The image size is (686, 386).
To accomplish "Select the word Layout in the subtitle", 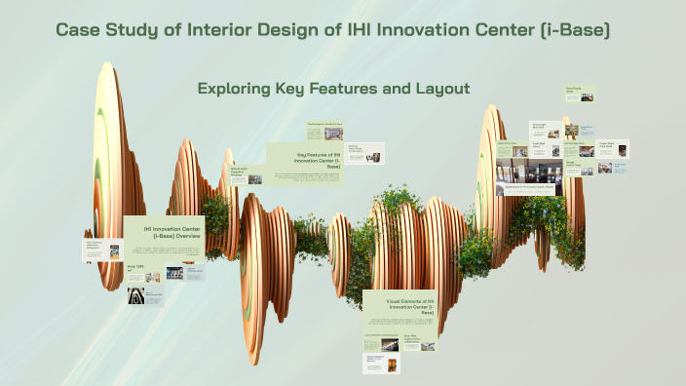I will pyautogui.click(x=440, y=89).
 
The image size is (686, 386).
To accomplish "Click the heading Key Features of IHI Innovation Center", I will pyautogui.click(x=318, y=160).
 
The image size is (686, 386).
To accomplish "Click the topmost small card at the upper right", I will pyautogui.click(x=580, y=94).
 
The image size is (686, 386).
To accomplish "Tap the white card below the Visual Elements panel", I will pyautogui.click(x=381, y=363).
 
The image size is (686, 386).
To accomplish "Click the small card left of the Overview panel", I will pyautogui.click(x=95, y=249).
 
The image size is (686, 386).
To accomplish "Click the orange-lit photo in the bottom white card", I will pyautogui.click(x=394, y=364).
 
